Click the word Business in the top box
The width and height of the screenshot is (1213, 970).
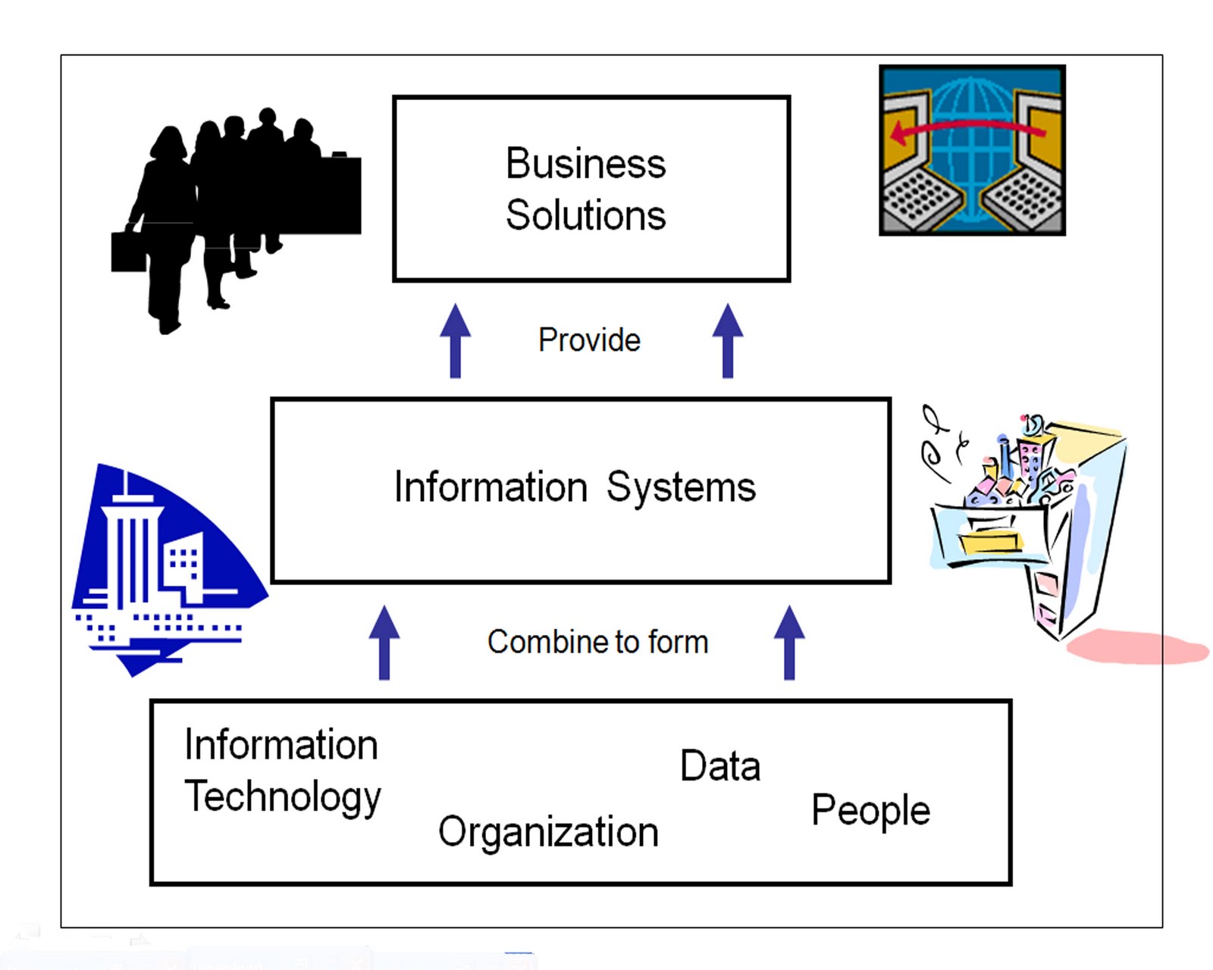tap(585, 164)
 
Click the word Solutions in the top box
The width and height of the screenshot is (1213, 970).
tap(585, 215)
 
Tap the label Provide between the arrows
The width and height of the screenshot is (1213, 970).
tap(589, 340)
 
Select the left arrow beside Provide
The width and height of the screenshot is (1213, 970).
tap(455, 340)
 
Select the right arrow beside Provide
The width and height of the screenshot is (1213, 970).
tap(728, 340)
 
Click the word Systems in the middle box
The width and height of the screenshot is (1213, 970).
tap(681, 487)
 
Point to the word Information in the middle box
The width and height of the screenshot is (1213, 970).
tap(491, 487)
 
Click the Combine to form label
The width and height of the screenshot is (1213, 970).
tap(597, 642)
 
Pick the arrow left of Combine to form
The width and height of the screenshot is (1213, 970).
tap(384, 642)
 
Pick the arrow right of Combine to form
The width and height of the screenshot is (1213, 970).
tap(789, 642)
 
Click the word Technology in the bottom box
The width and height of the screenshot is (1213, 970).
tap(283, 797)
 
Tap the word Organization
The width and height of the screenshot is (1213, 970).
tap(548, 832)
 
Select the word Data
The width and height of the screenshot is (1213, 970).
tap(719, 765)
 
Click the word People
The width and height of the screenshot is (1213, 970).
tap(870, 810)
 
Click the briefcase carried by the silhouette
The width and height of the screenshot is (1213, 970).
tap(128, 252)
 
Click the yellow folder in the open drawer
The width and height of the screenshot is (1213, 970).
tap(990, 543)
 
